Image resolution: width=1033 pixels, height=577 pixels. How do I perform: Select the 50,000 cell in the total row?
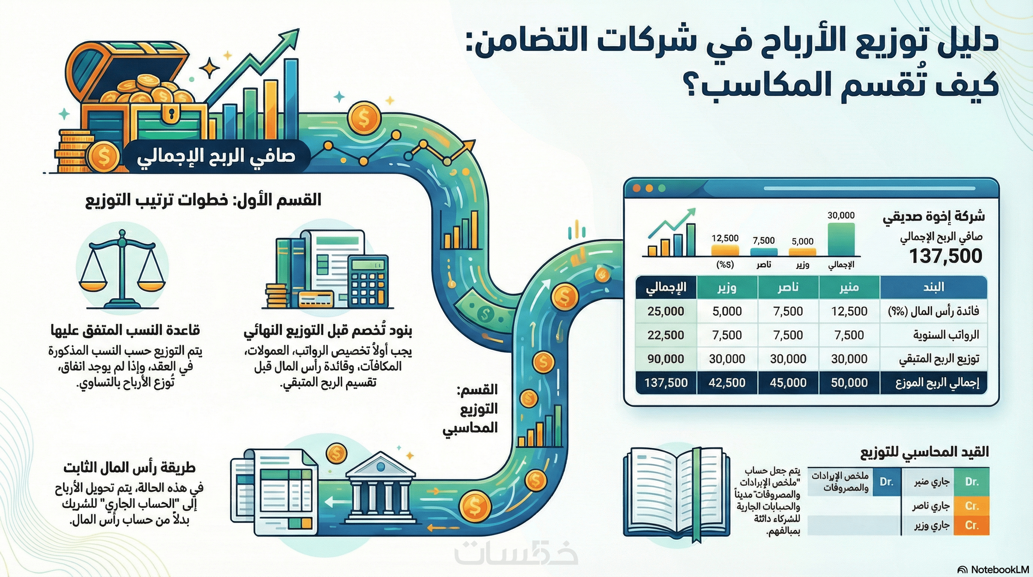click(x=849, y=382)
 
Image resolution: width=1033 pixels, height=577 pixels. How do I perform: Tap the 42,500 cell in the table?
click(x=727, y=382)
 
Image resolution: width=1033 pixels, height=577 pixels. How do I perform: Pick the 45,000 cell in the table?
click(x=788, y=382)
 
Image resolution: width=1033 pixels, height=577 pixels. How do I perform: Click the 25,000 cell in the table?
click(x=666, y=311)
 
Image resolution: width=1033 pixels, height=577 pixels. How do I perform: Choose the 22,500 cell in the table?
click(x=666, y=335)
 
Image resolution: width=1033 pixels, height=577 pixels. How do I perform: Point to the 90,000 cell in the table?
click(x=666, y=359)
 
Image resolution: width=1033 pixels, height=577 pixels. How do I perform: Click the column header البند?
click(x=933, y=287)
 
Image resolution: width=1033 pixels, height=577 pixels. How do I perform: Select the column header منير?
click(x=849, y=287)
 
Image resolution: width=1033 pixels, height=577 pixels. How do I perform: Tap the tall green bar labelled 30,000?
click(x=841, y=239)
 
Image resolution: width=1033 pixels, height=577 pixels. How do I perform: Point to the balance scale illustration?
click(x=122, y=269)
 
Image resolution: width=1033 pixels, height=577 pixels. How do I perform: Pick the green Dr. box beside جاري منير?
click(x=972, y=482)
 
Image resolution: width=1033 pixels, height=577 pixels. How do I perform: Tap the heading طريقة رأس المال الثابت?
click(x=129, y=468)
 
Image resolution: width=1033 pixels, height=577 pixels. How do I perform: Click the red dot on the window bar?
click(x=636, y=188)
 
